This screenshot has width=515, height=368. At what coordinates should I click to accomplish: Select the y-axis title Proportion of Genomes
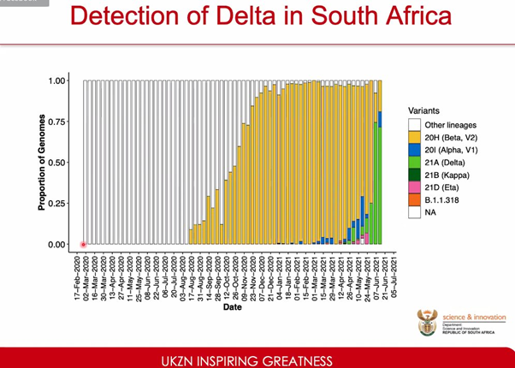pyautogui.click(x=41, y=163)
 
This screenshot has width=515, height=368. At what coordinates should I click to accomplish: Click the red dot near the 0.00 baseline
pyautogui.click(x=84, y=245)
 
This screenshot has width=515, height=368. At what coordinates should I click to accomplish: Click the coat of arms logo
pyautogui.click(x=425, y=323)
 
